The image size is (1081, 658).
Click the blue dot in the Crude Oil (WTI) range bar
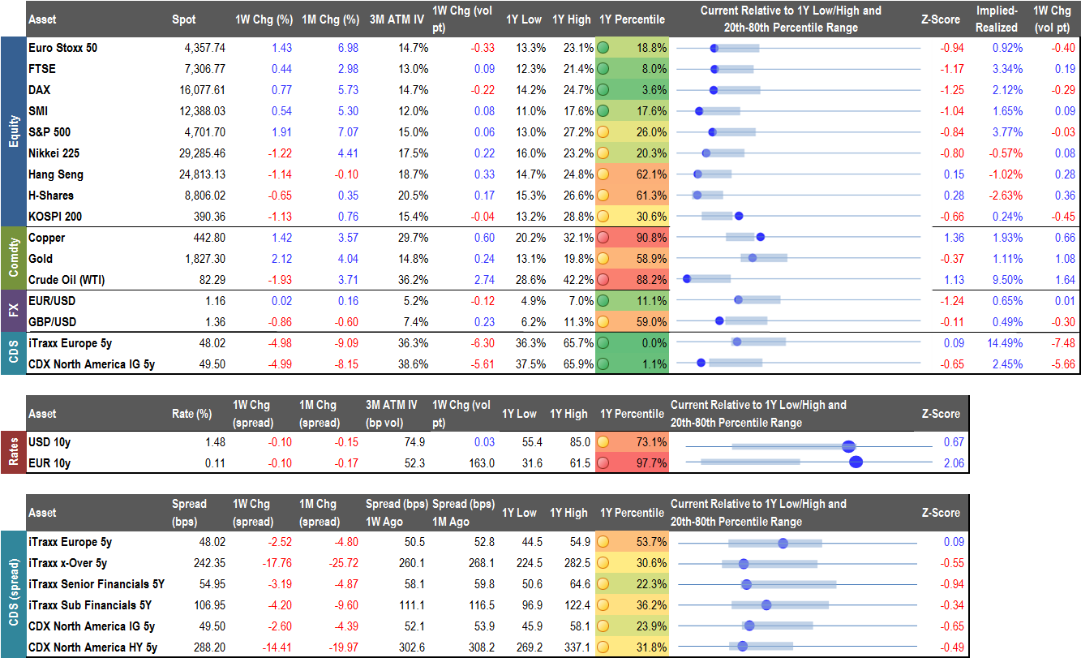(x=687, y=279)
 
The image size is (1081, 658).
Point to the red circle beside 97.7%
(x=603, y=463)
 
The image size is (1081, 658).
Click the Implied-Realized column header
(x=996, y=19)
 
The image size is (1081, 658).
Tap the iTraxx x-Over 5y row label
(x=68, y=563)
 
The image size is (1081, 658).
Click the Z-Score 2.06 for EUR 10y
(x=952, y=463)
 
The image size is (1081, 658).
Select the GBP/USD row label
(x=54, y=322)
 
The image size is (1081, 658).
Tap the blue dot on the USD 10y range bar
(x=849, y=445)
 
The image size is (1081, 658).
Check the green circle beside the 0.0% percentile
(x=603, y=343)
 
